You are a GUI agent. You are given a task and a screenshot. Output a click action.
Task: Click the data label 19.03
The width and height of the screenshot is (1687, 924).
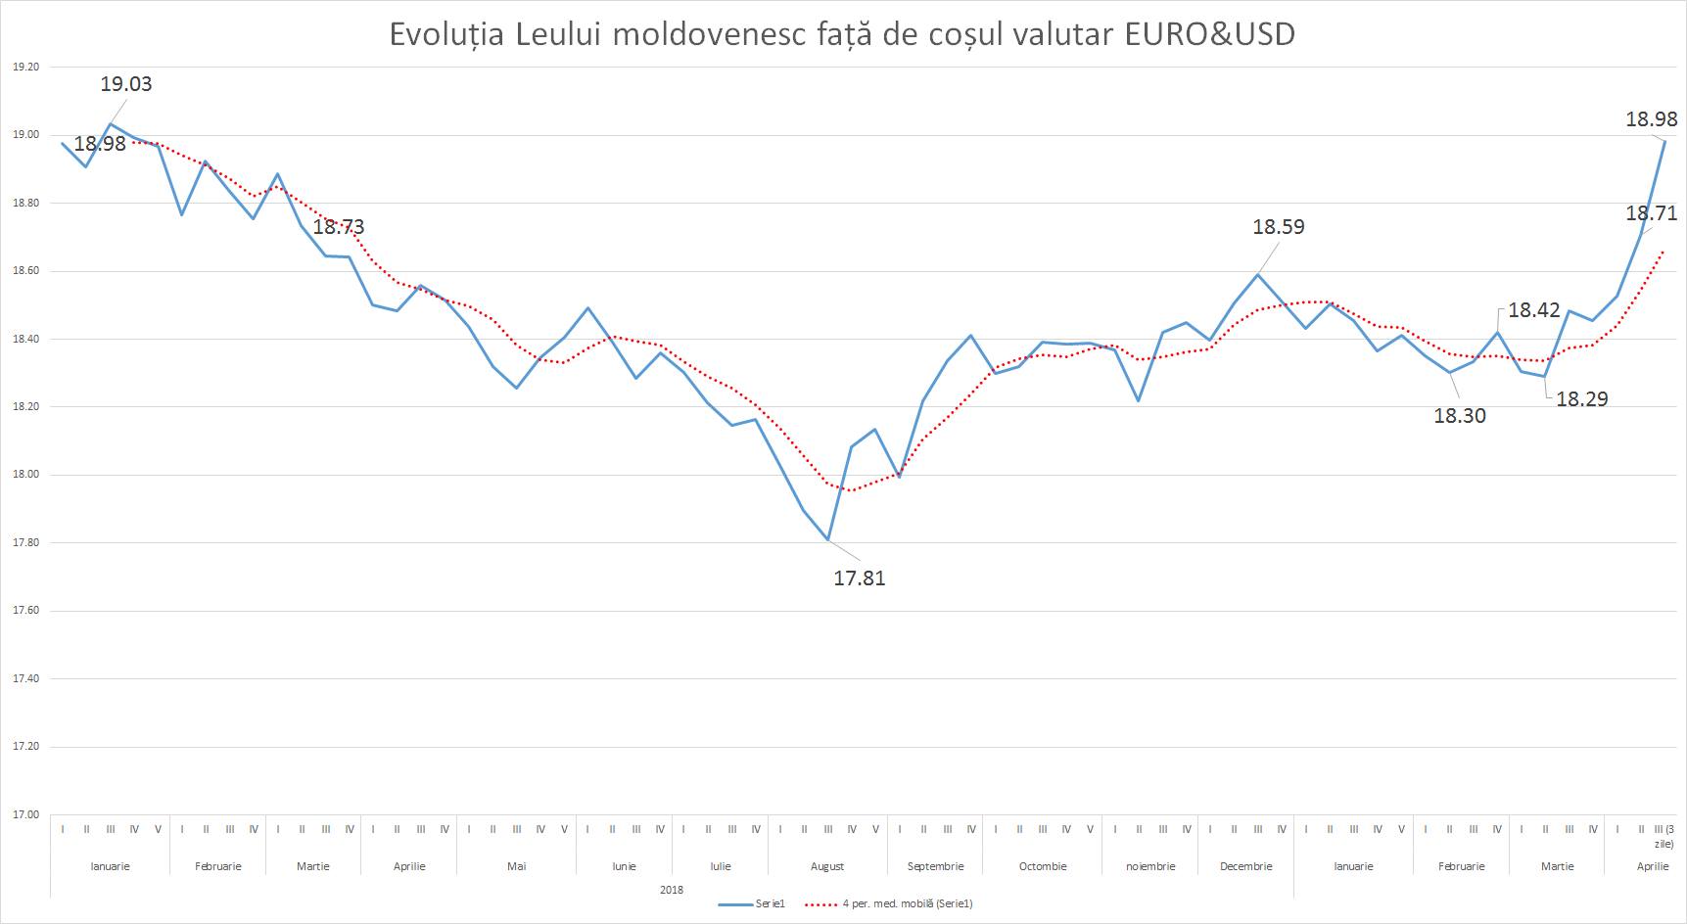(126, 84)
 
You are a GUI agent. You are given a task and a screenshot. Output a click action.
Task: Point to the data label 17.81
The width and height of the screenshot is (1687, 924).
(859, 577)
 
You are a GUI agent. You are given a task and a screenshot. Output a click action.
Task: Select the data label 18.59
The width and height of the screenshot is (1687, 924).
(1279, 227)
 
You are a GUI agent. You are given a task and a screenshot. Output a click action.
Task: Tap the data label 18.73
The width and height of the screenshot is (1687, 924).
(338, 227)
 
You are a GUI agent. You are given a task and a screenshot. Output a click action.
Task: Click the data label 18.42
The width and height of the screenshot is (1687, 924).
(1533, 310)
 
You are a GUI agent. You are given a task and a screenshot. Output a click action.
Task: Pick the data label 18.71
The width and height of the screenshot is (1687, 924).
(1651, 213)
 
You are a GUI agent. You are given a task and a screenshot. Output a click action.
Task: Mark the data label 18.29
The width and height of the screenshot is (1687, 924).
(1581, 398)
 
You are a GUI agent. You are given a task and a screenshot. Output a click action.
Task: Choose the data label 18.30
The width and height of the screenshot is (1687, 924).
(1459, 415)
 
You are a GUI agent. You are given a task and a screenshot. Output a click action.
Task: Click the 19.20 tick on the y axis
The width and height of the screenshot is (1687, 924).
(25, 68)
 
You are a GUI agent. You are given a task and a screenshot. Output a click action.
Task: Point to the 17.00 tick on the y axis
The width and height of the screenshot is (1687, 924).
(25, 814)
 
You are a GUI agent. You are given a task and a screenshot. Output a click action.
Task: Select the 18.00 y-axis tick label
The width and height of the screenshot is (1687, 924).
(25, 475)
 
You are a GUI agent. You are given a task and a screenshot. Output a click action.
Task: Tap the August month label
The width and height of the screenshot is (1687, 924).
(827, 866)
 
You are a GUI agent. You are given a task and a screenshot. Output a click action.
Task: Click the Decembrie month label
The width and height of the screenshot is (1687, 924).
(1245, 866)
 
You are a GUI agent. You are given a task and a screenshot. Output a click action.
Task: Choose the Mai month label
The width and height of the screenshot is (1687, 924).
(516, 866)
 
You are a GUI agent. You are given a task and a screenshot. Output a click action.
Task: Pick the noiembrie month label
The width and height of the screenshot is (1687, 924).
(1149, 866)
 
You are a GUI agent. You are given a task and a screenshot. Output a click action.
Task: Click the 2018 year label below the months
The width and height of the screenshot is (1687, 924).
(672, 890)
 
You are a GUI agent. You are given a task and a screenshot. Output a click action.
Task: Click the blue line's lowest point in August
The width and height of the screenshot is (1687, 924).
(827, 539)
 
